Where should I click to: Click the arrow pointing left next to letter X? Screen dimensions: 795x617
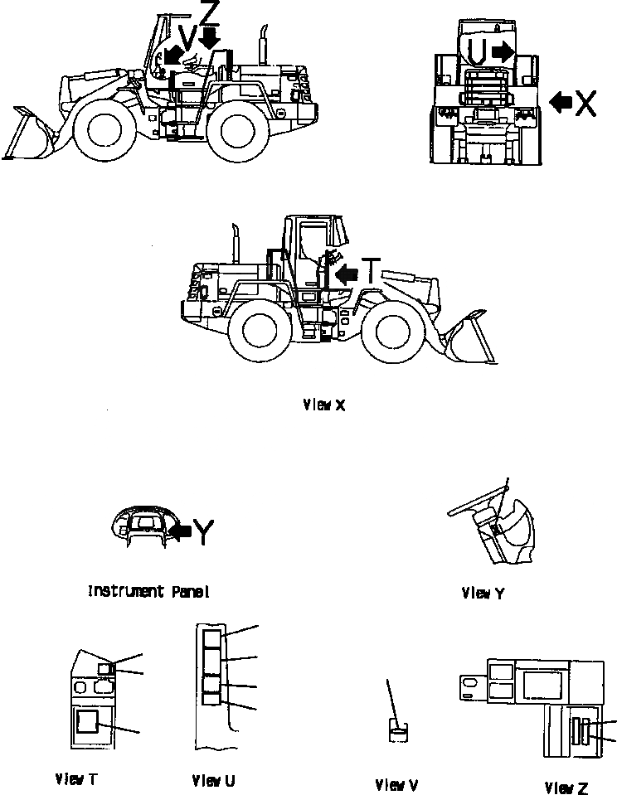pos(561,102)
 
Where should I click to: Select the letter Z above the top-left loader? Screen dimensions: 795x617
pos(211,14)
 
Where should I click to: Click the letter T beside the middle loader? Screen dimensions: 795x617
pos(372,271)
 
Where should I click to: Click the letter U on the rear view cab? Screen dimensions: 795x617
pos(476,51)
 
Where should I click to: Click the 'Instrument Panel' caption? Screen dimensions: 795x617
pos(148,592)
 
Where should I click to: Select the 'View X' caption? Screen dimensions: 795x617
pos(323,405)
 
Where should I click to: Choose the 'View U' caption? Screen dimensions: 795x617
pos(213,780)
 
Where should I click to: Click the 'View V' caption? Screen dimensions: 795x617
pos(396,784)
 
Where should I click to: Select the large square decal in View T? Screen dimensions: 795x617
pos(87,721)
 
